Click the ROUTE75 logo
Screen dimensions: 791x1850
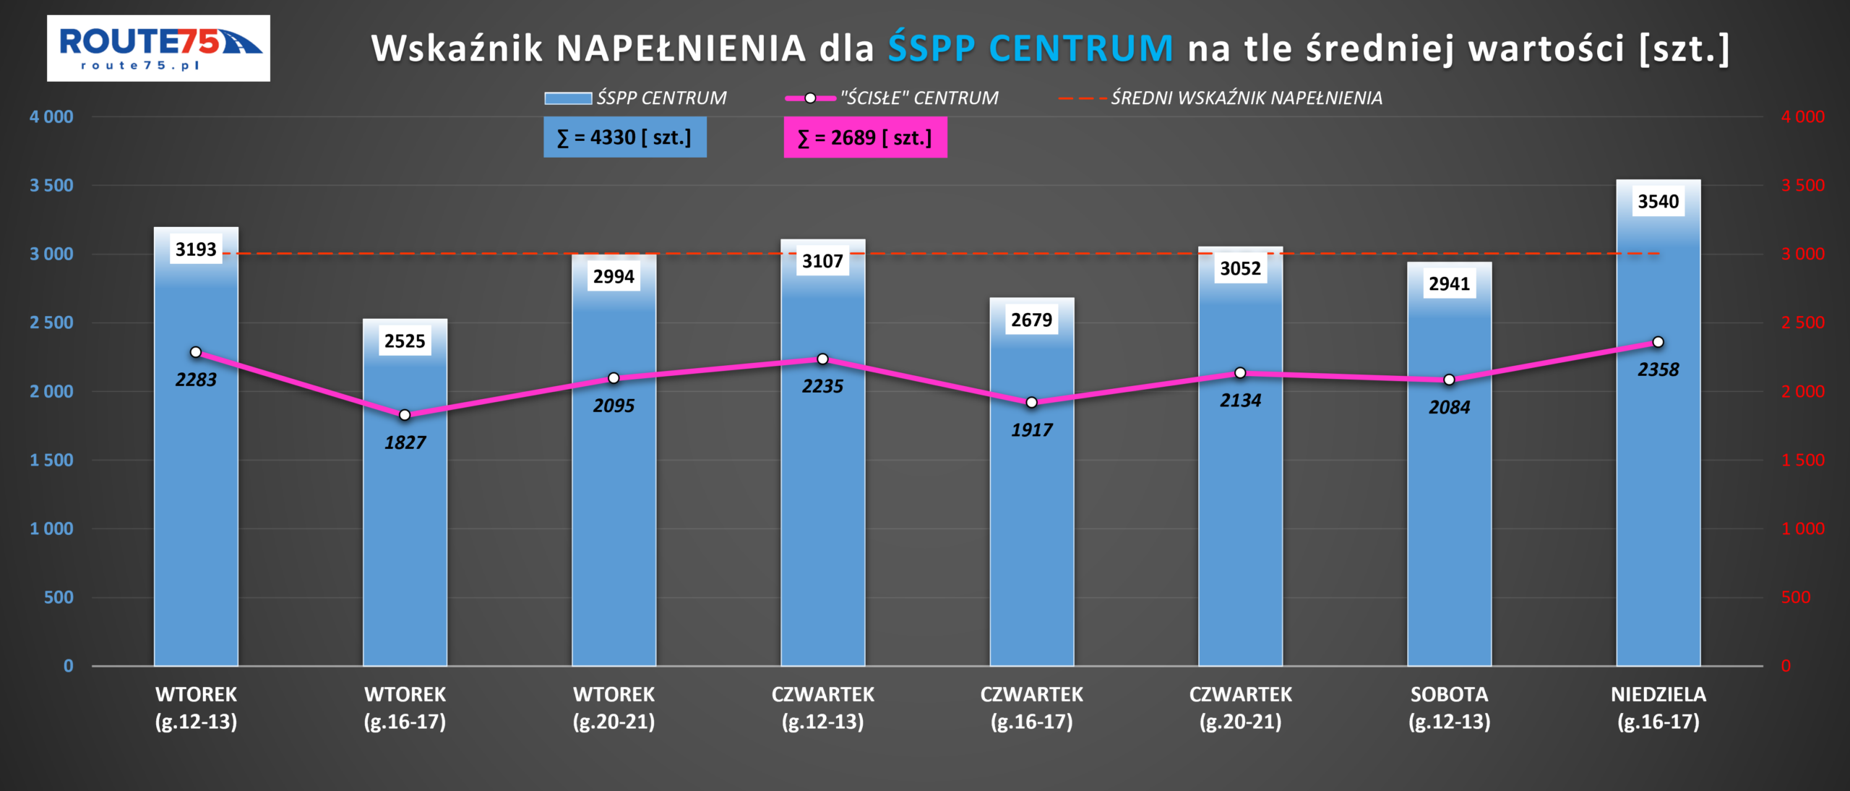[x=158, y=48]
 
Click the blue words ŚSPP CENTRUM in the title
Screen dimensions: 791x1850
[x=1031, y=48]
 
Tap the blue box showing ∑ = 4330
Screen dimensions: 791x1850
[x=624, y=137]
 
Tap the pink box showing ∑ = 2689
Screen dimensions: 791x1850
[x=865, y=137]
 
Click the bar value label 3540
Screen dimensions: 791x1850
[x=1658, y=202]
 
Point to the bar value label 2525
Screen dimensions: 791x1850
[x=405, y=341]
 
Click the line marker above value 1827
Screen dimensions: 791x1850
[x=405, y=415]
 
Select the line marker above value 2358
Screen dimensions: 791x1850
[x=1658, y=342]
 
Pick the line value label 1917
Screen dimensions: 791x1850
[x=1031, y=430]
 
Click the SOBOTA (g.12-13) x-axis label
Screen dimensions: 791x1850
[x=1449, y=708]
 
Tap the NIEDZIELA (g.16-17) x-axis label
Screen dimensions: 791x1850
[x=1658, y=708]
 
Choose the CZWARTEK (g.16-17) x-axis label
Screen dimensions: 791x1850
[x=1031, y=708]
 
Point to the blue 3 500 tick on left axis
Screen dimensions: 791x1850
[x=51, y=186]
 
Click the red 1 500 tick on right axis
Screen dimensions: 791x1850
[x=1802, y=461]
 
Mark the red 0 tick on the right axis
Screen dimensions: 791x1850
[x=1786, y=666]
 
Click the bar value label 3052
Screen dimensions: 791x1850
[x=1240, y=269]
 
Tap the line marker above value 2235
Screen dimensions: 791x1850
[x=822, y=359]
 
